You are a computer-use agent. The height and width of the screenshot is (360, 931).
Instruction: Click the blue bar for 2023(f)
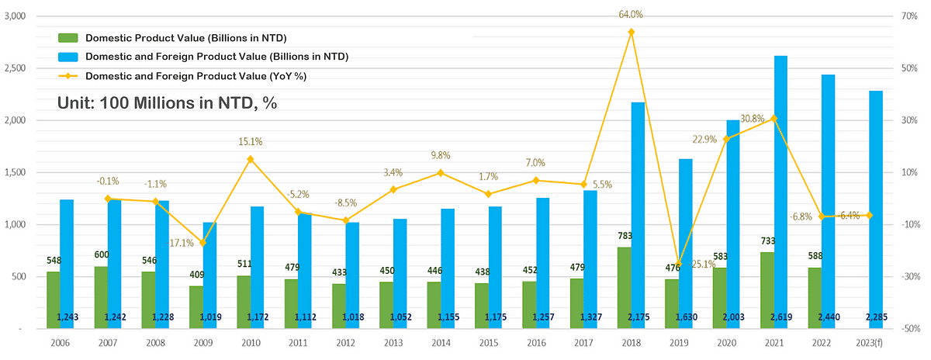[x=876, y=209]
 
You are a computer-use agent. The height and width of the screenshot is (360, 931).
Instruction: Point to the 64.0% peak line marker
[x=631, y=32]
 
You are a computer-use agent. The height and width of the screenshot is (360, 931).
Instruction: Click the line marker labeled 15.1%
[x=251, y=159]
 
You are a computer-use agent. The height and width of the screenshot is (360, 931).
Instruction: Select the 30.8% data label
[x=751, y=118]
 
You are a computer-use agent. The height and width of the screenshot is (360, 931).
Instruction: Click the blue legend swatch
[x=68, y=57]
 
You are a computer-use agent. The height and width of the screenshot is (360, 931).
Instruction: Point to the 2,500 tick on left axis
[x=16, y=68]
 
